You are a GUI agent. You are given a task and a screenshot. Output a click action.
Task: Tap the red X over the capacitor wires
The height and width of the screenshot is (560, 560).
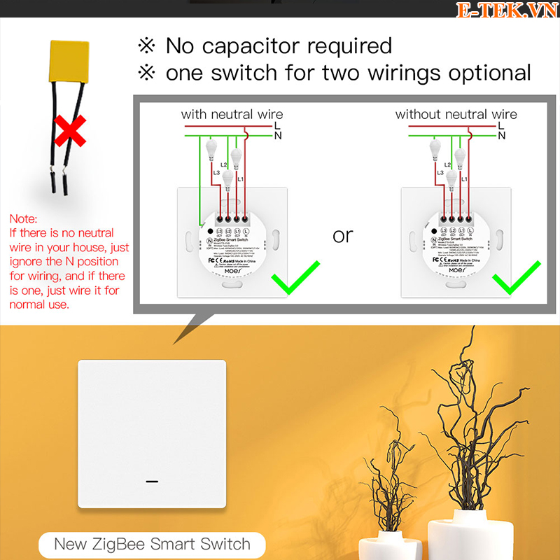point(70,131)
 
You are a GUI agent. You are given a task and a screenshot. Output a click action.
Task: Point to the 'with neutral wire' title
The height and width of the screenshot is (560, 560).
point(232,114)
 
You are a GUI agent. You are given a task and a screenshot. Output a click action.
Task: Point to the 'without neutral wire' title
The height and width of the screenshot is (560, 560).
point(456,114)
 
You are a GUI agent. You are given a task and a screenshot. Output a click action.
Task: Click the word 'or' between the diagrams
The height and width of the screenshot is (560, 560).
point(343,236)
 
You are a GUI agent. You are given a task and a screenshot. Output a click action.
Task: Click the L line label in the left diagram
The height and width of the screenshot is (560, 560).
point(278,125)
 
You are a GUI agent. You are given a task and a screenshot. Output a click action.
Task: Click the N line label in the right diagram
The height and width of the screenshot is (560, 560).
point(501,136)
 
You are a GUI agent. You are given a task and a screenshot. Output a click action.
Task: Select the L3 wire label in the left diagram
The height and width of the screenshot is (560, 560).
point(217,172)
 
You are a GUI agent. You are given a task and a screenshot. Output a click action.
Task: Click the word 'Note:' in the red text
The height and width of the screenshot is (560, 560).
point(24,219)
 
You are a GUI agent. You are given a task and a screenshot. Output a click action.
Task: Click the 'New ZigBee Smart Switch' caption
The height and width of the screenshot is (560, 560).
point(152,544)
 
